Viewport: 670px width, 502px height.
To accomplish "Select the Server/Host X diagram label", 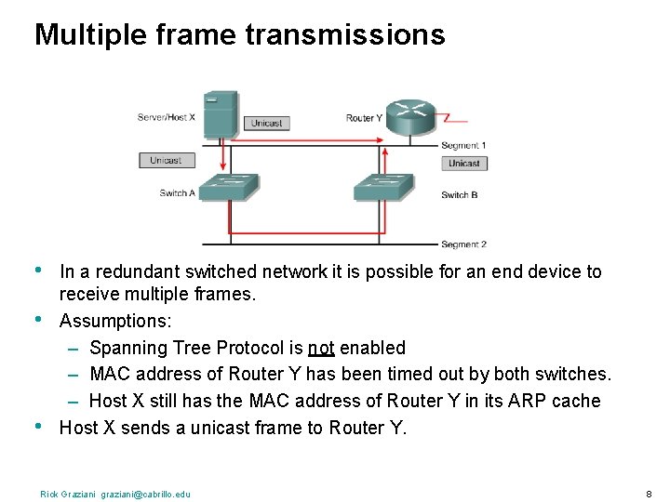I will (x=166, y=117).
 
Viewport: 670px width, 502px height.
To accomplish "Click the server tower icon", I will (x=221, y=114).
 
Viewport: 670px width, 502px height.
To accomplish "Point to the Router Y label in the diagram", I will (x=364, y=118).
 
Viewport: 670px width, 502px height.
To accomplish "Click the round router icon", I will (x=409, y=117).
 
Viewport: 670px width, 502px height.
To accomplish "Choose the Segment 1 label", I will (x=463, y=145).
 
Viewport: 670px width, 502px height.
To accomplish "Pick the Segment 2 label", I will (x=463, y=244).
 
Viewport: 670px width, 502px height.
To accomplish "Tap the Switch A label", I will (x=177, y=193).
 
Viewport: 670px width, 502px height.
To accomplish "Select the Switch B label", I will (x=460, y=195).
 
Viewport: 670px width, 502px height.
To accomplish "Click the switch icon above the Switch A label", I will (x=227, y=187).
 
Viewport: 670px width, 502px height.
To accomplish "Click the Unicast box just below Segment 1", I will (x=464, y=164).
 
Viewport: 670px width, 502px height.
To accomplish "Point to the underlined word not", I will (x=321, y=349).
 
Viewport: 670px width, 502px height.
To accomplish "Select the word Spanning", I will (x=126, y=349).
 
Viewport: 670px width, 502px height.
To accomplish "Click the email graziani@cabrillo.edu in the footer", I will (x=144, y=494).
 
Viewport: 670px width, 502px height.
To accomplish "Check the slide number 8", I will (x=648, y=493).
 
